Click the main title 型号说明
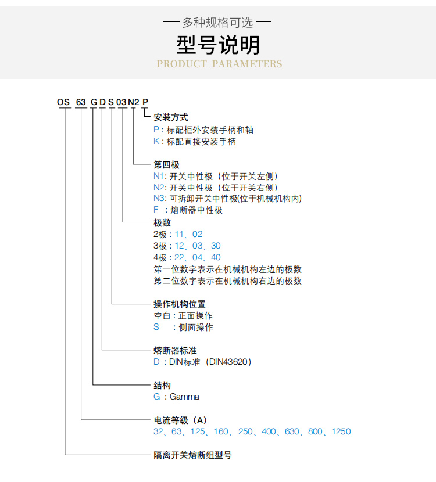tap(218, 45)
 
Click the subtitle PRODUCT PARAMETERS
tap(219, 64)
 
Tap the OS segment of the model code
tap(63, 102)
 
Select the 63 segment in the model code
tap(81, 102)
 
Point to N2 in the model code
tap(134, 102)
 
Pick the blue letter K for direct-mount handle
tap(156, 141)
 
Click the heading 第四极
tap(166, 165)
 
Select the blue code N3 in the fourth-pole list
tap(159, 199)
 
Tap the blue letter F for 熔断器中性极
tap(156, 210)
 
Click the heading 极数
tap(162, 222)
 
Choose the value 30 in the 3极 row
tap(216, 246)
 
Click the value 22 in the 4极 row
tap(179, 257)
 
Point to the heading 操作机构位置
tap(180, 304)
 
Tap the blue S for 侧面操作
tap(156, 327)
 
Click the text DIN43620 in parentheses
tap(228, 362)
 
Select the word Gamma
tap(184, 397)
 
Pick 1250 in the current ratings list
tap(341, 431)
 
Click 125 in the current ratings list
tap(198, 431)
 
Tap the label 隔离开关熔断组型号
tap(192, 455)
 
